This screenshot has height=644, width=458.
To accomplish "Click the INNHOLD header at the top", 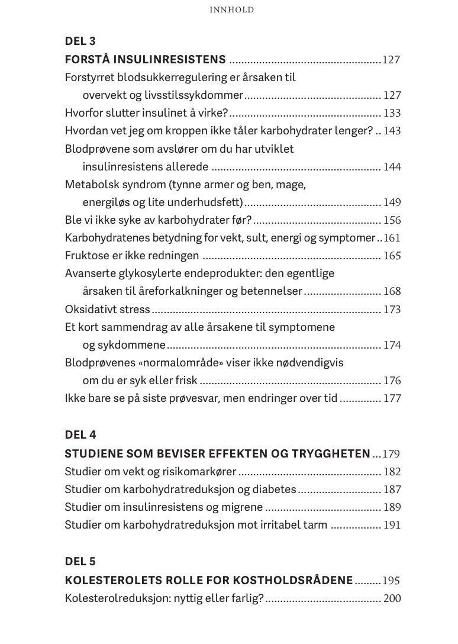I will pos(232,10).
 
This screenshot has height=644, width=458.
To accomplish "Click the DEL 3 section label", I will pos(80,41).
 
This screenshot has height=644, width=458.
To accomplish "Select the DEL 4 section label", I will pos(80,435).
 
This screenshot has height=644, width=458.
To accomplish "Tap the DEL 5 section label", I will pos(80,562).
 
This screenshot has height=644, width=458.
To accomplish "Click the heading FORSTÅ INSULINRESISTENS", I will pos(145,60).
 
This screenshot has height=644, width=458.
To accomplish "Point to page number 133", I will pos(392,113).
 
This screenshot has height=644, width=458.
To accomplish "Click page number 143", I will pos(392,131).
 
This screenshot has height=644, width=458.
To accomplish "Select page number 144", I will pos(392,167).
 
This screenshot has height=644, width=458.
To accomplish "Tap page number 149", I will pos(392,202).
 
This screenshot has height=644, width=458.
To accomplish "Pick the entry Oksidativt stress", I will pos(107,310).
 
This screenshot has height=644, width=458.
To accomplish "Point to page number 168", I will pos(392,291).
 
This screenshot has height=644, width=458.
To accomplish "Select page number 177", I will pos(392,398).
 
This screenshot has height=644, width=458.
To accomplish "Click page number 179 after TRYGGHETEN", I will pos(391,455).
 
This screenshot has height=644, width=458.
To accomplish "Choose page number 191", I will pos(392,525).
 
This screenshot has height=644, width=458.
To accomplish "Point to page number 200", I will pos(392,598).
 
